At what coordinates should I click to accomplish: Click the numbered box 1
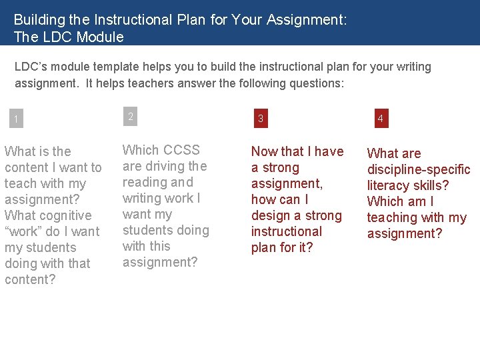coord(15,120)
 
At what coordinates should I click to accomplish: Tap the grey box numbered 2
coord(131,117)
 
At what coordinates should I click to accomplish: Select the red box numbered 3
coord(261,119)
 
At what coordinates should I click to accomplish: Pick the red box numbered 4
coord(380,119)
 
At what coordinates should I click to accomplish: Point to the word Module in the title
coord(101,37)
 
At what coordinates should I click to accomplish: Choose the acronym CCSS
coord(181,150)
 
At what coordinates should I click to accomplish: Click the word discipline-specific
coord(419,169)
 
